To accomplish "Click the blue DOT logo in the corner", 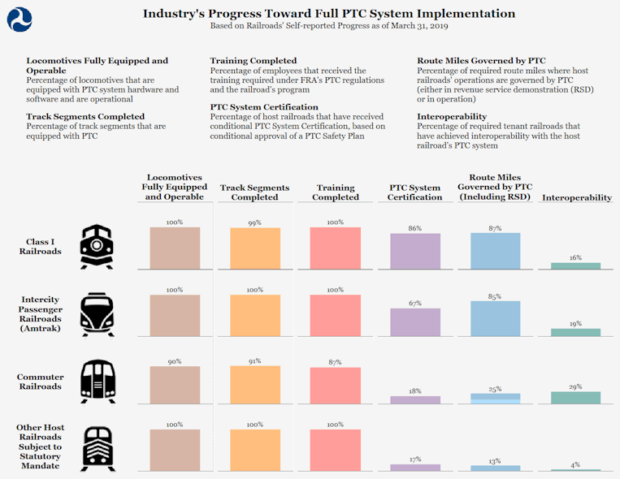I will [x=20, y=19].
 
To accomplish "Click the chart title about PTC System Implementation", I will [x=328, y=13].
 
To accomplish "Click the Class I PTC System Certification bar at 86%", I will [x=415, y=251].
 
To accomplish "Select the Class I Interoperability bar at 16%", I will [x=575, y=265].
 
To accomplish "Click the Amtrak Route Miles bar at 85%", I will [x=495, y=319].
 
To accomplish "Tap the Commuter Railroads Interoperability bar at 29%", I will [x=575, y=398].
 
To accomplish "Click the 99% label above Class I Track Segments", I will [x=255, y=222].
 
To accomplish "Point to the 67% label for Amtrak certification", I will [x=415, y=304].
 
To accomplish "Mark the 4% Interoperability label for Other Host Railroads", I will [x=575, y=464].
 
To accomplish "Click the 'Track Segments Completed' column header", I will [x=255, y=192].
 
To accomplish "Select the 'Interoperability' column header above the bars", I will [x=576, y=197].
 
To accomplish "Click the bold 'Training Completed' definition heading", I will [x=253, y=61].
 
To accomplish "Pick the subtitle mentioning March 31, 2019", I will [x=329, y=26].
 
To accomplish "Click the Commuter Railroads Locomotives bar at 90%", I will [x=175, y=385].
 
